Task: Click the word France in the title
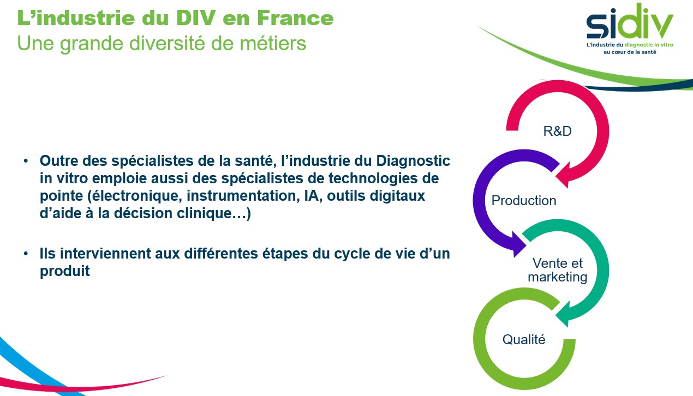coord(295,18)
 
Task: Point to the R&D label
coord(557,131)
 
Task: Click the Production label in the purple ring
coord(524,201)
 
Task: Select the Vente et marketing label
coord(558,270)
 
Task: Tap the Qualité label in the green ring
coord(524,339)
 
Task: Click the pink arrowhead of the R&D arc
coord(563,176)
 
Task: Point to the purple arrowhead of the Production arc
coord(518,244)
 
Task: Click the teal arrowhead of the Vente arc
coord(563,315)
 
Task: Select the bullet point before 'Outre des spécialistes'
coord(26,161)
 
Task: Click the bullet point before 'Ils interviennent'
coord(26,254)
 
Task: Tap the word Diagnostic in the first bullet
coord(413,161)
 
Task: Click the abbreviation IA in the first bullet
coord(312,196)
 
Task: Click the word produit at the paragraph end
coord(64,272)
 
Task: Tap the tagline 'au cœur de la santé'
coord(630,52)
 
